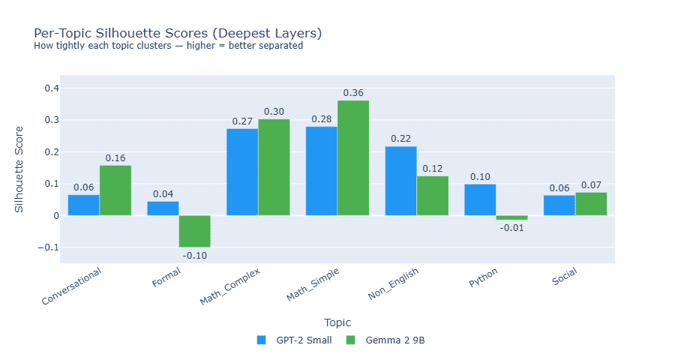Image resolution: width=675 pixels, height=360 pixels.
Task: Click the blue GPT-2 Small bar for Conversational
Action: [x=83, y=205]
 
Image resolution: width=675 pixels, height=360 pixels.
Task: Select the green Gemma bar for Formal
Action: [x=194, y=231]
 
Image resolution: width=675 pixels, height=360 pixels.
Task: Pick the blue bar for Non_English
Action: [x=400, y=181]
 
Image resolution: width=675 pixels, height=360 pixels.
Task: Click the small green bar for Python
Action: [x=511, y=217]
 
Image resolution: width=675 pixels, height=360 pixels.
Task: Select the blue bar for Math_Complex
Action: [x=242, y=172]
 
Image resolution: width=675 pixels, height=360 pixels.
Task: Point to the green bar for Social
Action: [x=591, y=204]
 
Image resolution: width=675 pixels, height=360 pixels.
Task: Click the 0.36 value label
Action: [x=353, y=93]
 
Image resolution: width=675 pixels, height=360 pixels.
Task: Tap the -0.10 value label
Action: [x=194, y=255]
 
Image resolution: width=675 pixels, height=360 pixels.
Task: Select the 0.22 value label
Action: [x=400, y=139]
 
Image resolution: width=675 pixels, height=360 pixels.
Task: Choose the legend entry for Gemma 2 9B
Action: [x=386, y=340]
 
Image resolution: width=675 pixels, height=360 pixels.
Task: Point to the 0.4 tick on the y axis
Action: [x=52, y=88]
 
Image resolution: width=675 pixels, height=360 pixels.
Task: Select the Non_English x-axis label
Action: [x=393, y=284]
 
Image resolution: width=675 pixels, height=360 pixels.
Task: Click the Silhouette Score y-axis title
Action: [x=19, y=169]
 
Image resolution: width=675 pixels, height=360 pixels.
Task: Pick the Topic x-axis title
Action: [x=337, y=322]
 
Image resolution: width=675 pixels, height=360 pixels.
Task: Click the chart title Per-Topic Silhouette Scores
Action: [x=178, y=34]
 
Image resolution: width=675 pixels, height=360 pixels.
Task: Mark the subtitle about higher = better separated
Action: [x=168, y=46]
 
